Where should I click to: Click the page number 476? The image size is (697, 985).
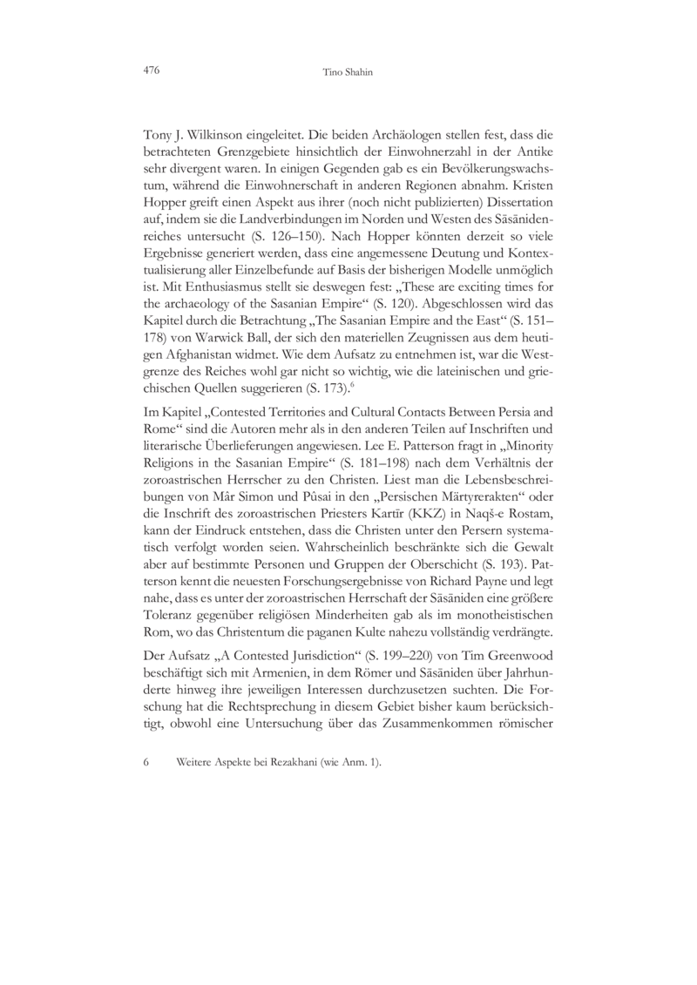tap(151, 69)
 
